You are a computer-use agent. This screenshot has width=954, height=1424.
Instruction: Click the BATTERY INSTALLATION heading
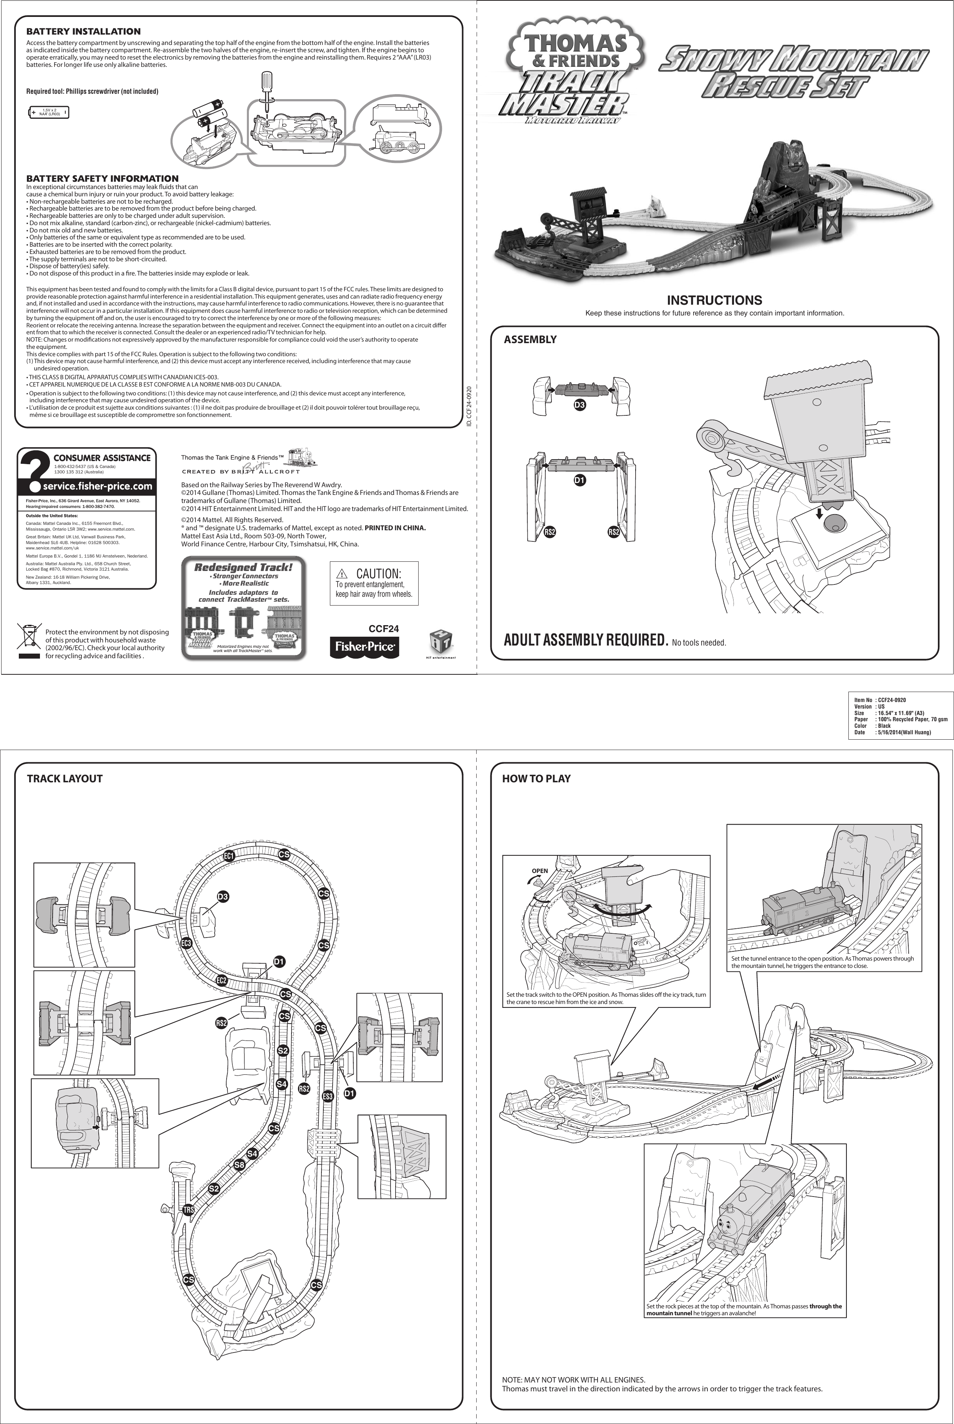pyautogui.click(x=83, y=31)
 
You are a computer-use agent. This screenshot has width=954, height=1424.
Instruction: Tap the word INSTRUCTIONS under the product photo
pyautogui.click(x=714, y=300)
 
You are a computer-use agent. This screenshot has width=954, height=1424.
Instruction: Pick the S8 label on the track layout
pyautogui.click(x=240, y=1165)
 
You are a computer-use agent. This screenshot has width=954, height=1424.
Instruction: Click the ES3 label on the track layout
pyautogui.click(x=327, y=1097)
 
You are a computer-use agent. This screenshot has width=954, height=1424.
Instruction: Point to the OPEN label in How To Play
pyautogui.click(x=540, y=871)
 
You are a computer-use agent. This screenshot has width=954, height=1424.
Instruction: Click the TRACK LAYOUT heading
pyautogui.click(x=65, y=778)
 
